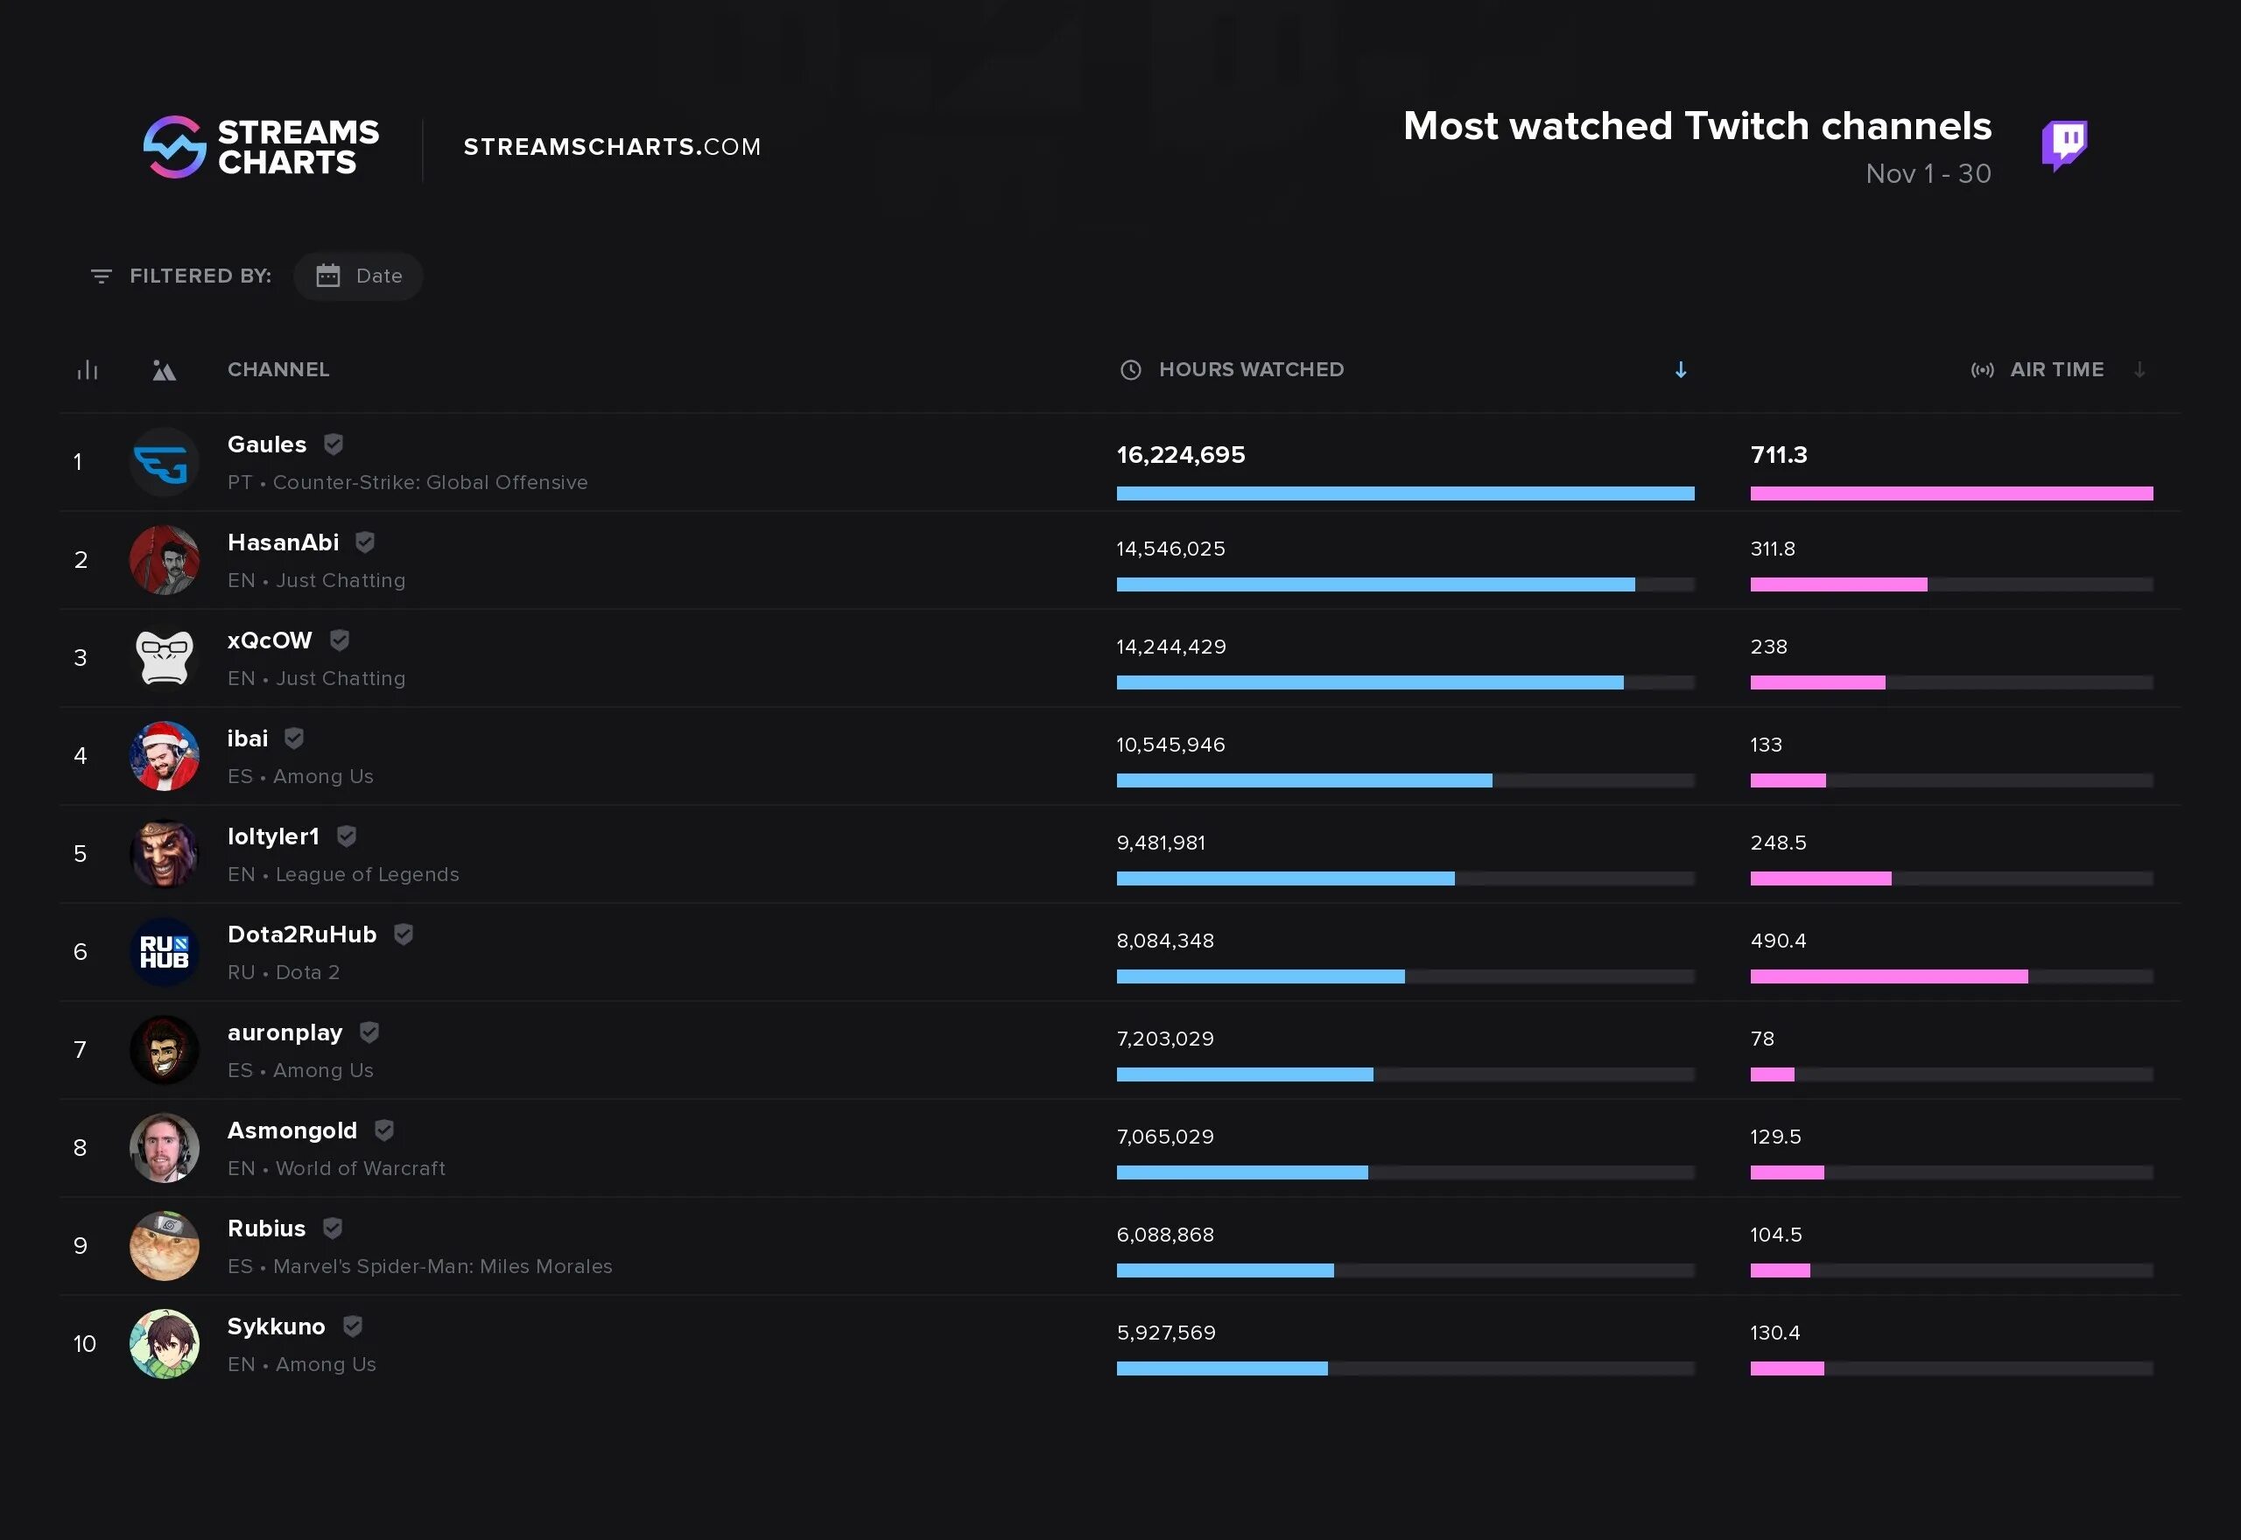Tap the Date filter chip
tap(358, 276)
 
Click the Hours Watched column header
tap(1250, 369)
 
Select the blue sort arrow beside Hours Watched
tap(1680, 370)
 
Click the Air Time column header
tap(2055, 369)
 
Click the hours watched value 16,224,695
tap(1180, 454)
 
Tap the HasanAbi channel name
tap(283, 542)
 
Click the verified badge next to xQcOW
tap(340, 640)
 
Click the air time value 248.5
tap(1778, 843)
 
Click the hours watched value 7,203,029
tap(1165, 1039)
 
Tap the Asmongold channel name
tap(292, 1130)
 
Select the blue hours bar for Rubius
tap(1225, 1270)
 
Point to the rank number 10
tap(85, 1343)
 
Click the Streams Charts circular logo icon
tap(175, 147)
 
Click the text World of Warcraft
tap(360, 1168)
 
